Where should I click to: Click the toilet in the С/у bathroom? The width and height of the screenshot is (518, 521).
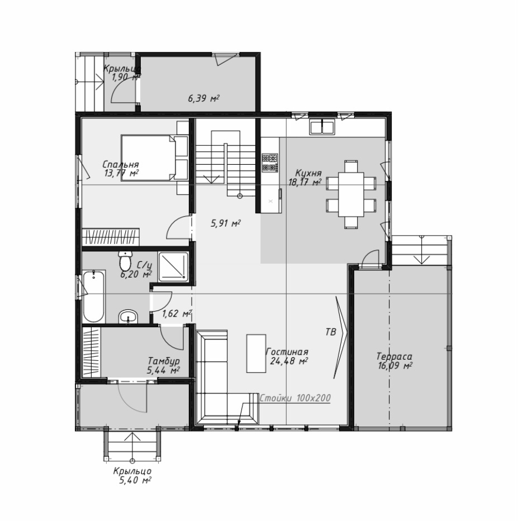point(125,261)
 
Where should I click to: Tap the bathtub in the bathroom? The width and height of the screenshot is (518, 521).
point(94,297)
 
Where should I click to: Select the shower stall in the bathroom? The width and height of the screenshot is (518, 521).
point(173,266)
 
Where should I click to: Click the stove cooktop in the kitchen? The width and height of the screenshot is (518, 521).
point(270,162)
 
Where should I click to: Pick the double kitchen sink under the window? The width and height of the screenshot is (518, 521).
point(322,127)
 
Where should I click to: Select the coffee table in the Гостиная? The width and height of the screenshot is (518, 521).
point(256,353)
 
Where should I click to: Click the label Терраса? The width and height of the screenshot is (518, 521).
point(395,356)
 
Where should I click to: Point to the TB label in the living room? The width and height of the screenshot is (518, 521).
point(331,332)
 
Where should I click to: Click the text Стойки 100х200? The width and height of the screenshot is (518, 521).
point(295,398)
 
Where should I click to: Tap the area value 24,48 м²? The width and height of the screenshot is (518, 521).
point(288,361)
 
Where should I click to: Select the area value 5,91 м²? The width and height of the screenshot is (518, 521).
point(226,223)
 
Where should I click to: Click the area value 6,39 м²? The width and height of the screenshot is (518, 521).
point(204,98)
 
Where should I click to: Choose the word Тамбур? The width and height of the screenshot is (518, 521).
point(164,361)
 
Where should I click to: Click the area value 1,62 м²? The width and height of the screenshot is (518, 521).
point(177,313)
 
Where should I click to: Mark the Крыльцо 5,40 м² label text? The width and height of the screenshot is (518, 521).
point(132,475)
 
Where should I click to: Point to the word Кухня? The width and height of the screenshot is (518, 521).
point(308,173)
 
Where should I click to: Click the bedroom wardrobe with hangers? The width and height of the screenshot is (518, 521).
point(111,237)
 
